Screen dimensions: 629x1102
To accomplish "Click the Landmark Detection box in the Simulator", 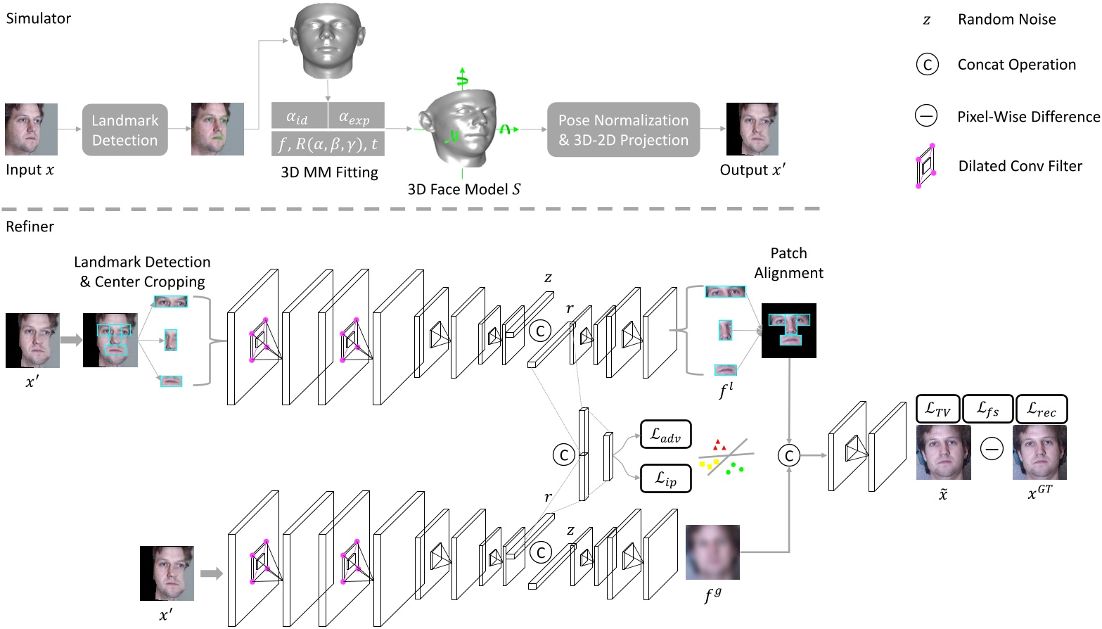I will point(124,130).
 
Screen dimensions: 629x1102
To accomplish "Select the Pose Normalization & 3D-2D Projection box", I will point(623,130).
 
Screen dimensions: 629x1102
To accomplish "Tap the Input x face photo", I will point(31,129).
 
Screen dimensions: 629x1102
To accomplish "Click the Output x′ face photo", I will point(752,129).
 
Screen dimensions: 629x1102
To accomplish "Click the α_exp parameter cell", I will point(356,116).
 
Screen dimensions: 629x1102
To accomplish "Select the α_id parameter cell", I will point(299,116).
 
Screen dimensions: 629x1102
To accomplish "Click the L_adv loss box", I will point(665,435).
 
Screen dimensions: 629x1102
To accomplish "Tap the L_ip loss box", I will point(665,479).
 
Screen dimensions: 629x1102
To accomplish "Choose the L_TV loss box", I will point(937,409).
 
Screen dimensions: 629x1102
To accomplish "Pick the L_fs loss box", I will point(987,409).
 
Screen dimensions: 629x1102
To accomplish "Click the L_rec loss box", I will point(1042,409).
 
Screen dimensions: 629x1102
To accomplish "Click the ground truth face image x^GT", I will point(1039,453).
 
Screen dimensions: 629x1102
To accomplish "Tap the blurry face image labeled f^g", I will point(712,552).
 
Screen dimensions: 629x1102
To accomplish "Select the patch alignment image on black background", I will point(789,331).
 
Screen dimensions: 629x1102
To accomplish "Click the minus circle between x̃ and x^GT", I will point(992,449).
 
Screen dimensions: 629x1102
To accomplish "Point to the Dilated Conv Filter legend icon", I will point(925,166).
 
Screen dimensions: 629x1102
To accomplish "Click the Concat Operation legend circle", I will point(927,65).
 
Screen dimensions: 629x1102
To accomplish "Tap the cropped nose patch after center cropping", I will point(170,340).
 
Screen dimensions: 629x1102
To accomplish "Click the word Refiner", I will point(30,227).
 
